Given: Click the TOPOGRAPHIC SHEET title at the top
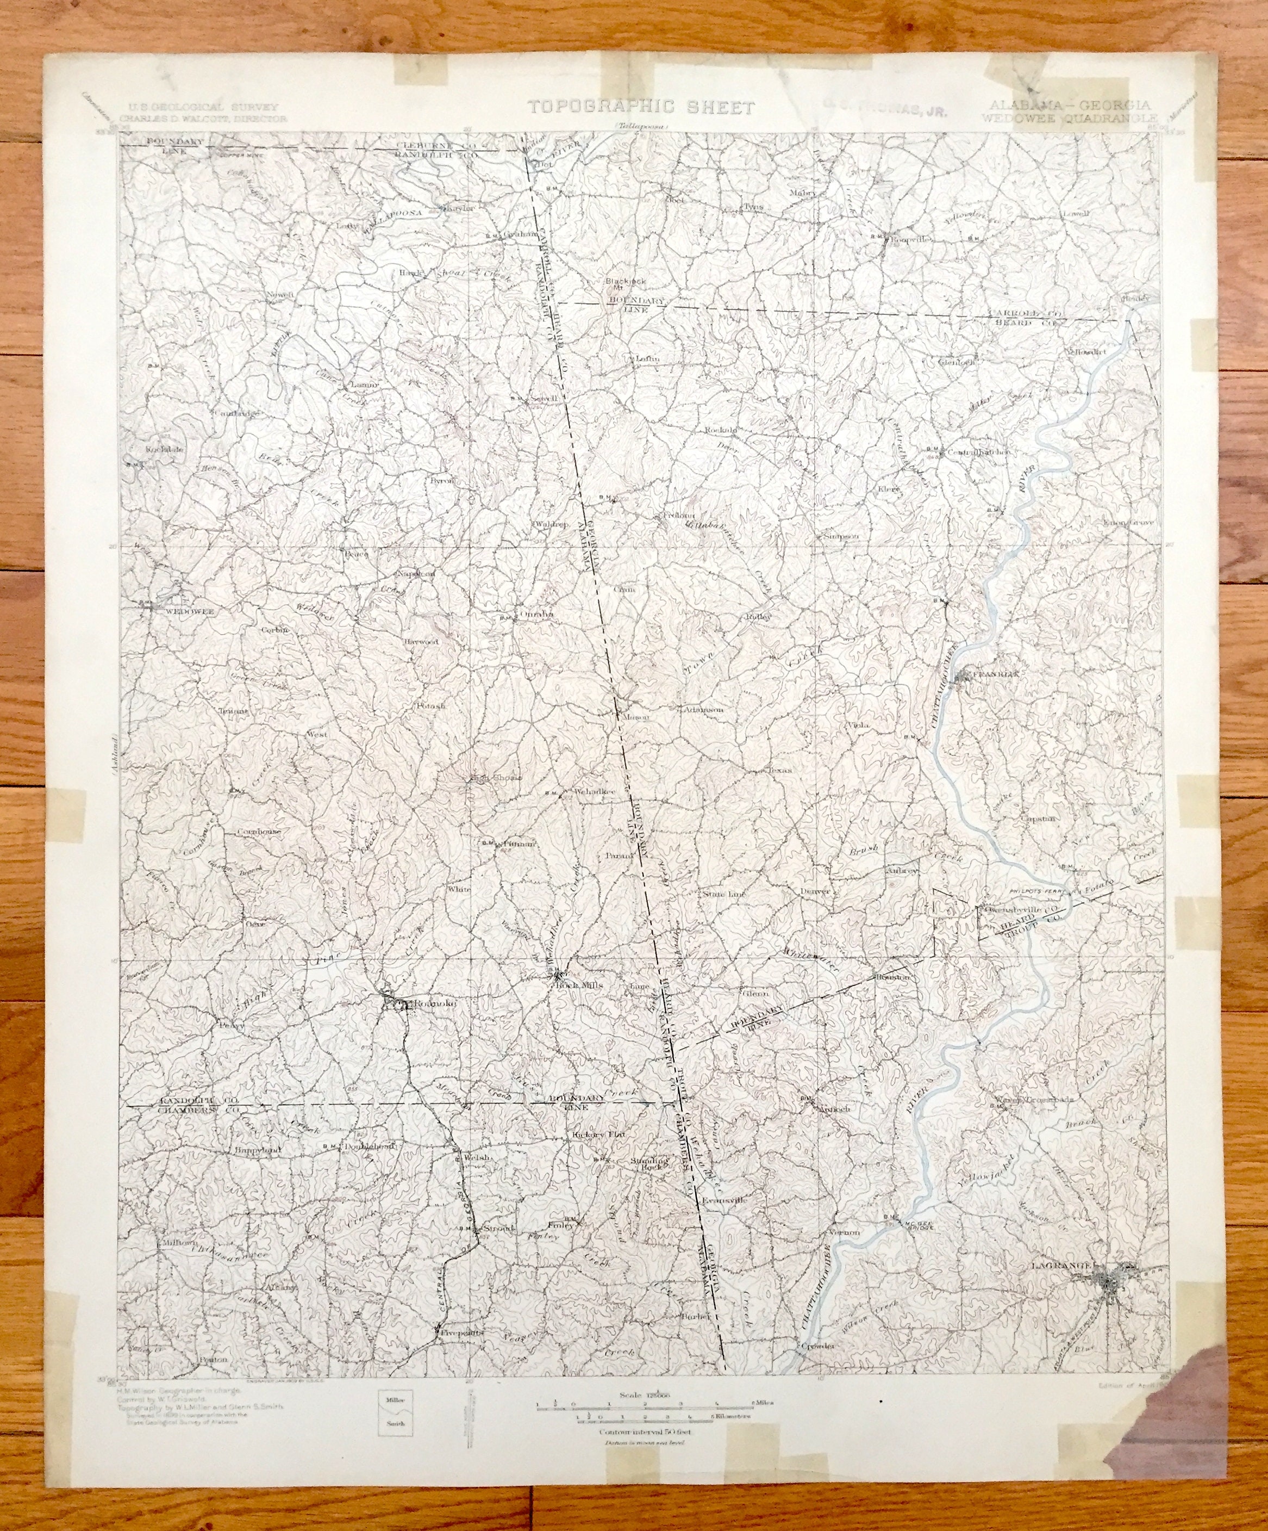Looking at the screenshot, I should pos(641,108).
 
